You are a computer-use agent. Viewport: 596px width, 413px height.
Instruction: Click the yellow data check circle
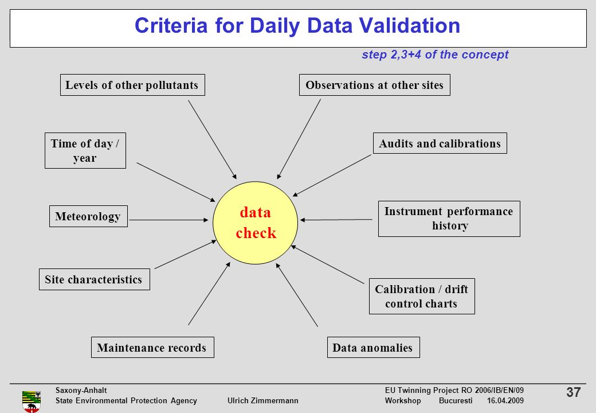click(x=255, y=223)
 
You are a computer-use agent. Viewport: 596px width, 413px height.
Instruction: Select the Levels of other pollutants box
click(x=132, y=85)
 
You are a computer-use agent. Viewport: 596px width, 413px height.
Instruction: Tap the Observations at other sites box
click(x=375, y=85)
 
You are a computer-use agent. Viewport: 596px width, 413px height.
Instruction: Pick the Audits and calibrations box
click(x=440, y=143)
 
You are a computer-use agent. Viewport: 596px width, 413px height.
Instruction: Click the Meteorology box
click(x=88, y=216)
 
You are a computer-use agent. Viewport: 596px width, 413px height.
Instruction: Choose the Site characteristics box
click(x=94, y=279)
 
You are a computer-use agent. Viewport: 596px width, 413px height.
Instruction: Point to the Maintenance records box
click(x=152, y=347)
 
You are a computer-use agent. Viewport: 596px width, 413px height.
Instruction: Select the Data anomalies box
click(x=373, y=347)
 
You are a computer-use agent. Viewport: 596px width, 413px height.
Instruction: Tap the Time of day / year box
click(x=85, y=151)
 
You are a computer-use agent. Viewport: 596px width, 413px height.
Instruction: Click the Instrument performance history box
click(x=449, y=219)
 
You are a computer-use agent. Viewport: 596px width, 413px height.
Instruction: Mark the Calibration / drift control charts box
click(x=422, y=296)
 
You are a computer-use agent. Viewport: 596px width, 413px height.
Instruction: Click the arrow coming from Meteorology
click(x=168, y=220)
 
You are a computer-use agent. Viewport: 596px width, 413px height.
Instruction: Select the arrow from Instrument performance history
click(x=336, y=220)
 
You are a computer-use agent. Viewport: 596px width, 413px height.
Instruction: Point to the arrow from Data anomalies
click(x=297, y=295)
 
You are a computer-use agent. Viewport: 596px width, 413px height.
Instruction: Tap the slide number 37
click(x=573, y=392)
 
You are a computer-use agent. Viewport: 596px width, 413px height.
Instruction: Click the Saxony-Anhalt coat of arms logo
click(x=32, y=401)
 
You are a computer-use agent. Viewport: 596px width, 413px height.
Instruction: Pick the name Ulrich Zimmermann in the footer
click(x=262, y=400)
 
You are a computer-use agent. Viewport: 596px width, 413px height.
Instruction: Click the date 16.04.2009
click(x=505, y=400)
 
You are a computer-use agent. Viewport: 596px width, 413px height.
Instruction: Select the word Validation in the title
click(x=409, y=25)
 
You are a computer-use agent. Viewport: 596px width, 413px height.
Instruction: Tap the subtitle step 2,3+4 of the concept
click(x=435, y=54)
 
